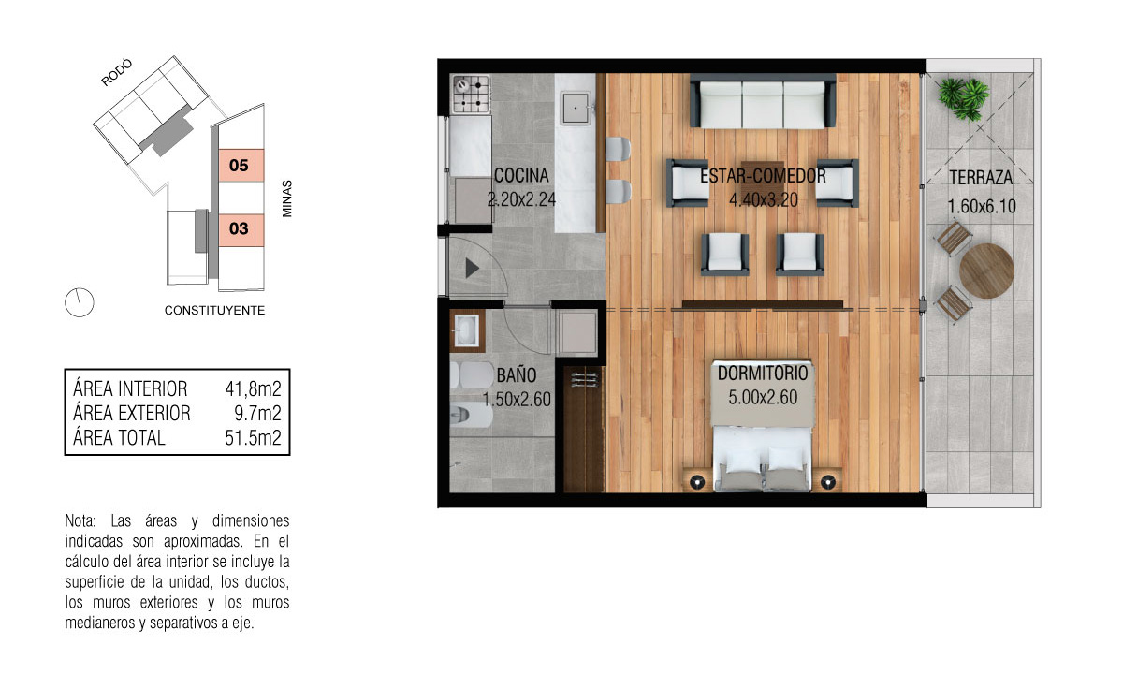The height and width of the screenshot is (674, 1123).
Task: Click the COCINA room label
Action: click(x=521, y=176)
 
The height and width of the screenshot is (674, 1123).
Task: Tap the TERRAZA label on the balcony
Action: click(x=981, y=178)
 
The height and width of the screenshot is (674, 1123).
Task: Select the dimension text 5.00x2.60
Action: click(x=763, y=398)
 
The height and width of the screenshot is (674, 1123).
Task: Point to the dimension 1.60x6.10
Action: click(x=982, y=206)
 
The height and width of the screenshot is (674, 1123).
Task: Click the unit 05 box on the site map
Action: click(x=241, y=165)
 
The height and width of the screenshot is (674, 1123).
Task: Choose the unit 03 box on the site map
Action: click(x=241, y=229)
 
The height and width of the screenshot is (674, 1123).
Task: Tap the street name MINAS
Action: click(x=286, y=198)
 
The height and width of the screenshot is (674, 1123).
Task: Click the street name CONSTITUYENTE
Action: click(x=214, y=311)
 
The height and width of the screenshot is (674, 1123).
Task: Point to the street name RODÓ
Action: click(x=117, y=72)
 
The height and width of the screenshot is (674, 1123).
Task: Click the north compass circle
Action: click(x=80, y=302)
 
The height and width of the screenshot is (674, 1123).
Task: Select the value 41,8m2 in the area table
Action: click(x=253, y=388)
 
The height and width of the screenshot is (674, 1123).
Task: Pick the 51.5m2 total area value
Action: click(x=253, y=438)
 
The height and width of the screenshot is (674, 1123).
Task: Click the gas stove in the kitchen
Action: click(x=471, y=95)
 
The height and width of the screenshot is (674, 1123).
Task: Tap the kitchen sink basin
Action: click(x=576, y=108)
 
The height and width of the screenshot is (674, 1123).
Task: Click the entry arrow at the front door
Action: click(x=472, y=269)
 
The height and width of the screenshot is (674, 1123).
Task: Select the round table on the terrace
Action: click(x=986, y=271)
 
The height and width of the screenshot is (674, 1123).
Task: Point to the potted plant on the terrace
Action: click(x=964, y=99)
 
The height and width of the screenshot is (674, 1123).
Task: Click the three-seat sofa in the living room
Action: click(x=763, y=101)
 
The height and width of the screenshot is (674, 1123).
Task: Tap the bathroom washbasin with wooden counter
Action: click(x=467, y=331)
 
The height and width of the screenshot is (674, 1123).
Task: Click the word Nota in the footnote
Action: click(x=80, y=521)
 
